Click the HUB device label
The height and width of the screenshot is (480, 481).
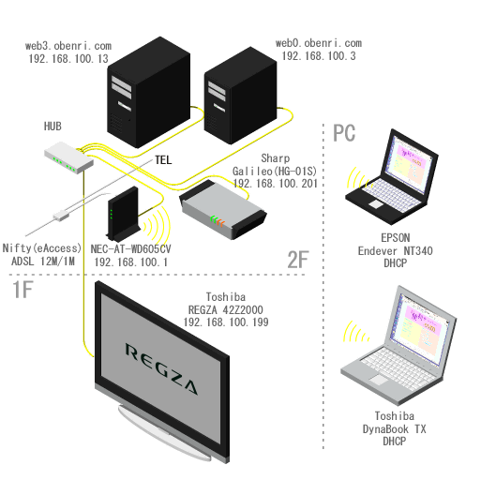coord(53,127)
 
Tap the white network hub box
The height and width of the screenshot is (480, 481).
coord(68,157)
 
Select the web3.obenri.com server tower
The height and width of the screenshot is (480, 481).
coord(149,92)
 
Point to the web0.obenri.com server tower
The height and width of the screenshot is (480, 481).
coord(240,96)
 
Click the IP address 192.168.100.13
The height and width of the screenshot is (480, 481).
coord(68,59)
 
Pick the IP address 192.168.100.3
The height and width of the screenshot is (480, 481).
coord(319,56)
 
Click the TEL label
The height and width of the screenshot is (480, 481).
coord(163,160)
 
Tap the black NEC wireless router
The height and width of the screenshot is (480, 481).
coord(124,214)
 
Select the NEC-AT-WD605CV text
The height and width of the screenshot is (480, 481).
coord(130,249)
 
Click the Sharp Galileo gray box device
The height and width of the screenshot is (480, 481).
coord(223,210)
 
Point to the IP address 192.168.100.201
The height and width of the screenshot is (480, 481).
coord(276,184)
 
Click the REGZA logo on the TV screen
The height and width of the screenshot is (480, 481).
coord(161,368)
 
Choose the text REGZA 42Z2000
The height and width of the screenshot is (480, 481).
coord(225,309)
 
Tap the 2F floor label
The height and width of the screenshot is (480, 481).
coord(298,260)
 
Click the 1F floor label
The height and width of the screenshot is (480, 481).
coord(23,290)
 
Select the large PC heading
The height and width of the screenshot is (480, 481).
coord(344,133)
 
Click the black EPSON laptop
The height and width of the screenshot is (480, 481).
coord(392,176)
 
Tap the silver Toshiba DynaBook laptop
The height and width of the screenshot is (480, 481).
coord(398,344)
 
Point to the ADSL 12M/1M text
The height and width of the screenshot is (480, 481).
coord(43,261)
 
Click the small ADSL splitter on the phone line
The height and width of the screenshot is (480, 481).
coord(61,215)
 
